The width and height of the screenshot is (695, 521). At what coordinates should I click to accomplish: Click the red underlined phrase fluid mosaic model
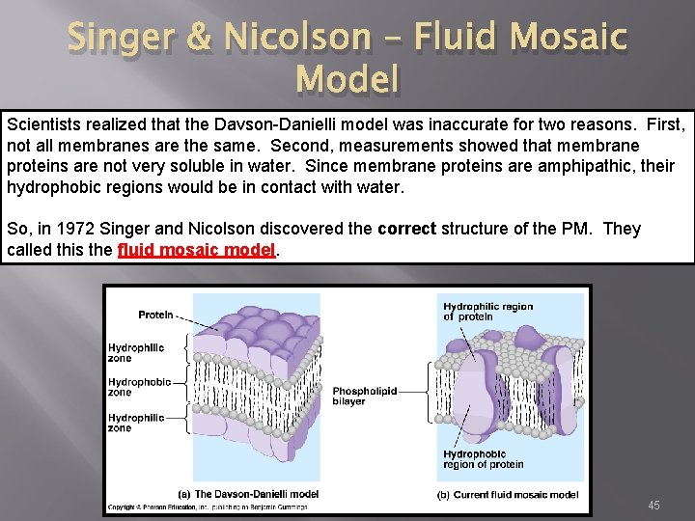(x=197, y=249)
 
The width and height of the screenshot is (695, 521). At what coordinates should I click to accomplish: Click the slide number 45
(x=653, y=506)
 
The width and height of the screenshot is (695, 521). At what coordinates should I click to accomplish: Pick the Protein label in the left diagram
(x=155, y=315)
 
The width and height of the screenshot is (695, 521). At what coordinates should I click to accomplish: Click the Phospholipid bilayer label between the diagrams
(x=364, y=397)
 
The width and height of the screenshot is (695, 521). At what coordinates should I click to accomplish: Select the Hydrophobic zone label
(x=139, y=387)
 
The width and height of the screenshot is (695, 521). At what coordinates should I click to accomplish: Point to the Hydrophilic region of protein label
(x=487, y=312)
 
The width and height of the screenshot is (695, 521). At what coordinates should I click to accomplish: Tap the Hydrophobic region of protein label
(x=483, y=459)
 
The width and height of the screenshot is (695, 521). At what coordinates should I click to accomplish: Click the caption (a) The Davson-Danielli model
(x=256, y=494)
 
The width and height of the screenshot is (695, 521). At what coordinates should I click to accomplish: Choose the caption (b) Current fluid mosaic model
(x=508, y=494)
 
